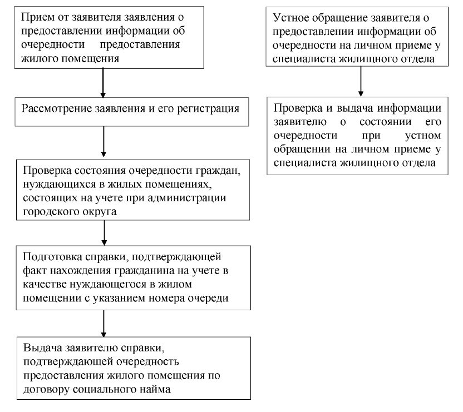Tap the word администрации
coord(187,198)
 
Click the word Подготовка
coord(52,257)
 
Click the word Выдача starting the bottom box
coord(42,348)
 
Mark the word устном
coord(423,136)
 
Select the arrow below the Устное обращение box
coord(361,81)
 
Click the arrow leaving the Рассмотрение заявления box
coord(104,141)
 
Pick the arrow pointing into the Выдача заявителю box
coord(104,323)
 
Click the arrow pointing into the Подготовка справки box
coord(104,232)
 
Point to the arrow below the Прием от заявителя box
coord(103,83)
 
